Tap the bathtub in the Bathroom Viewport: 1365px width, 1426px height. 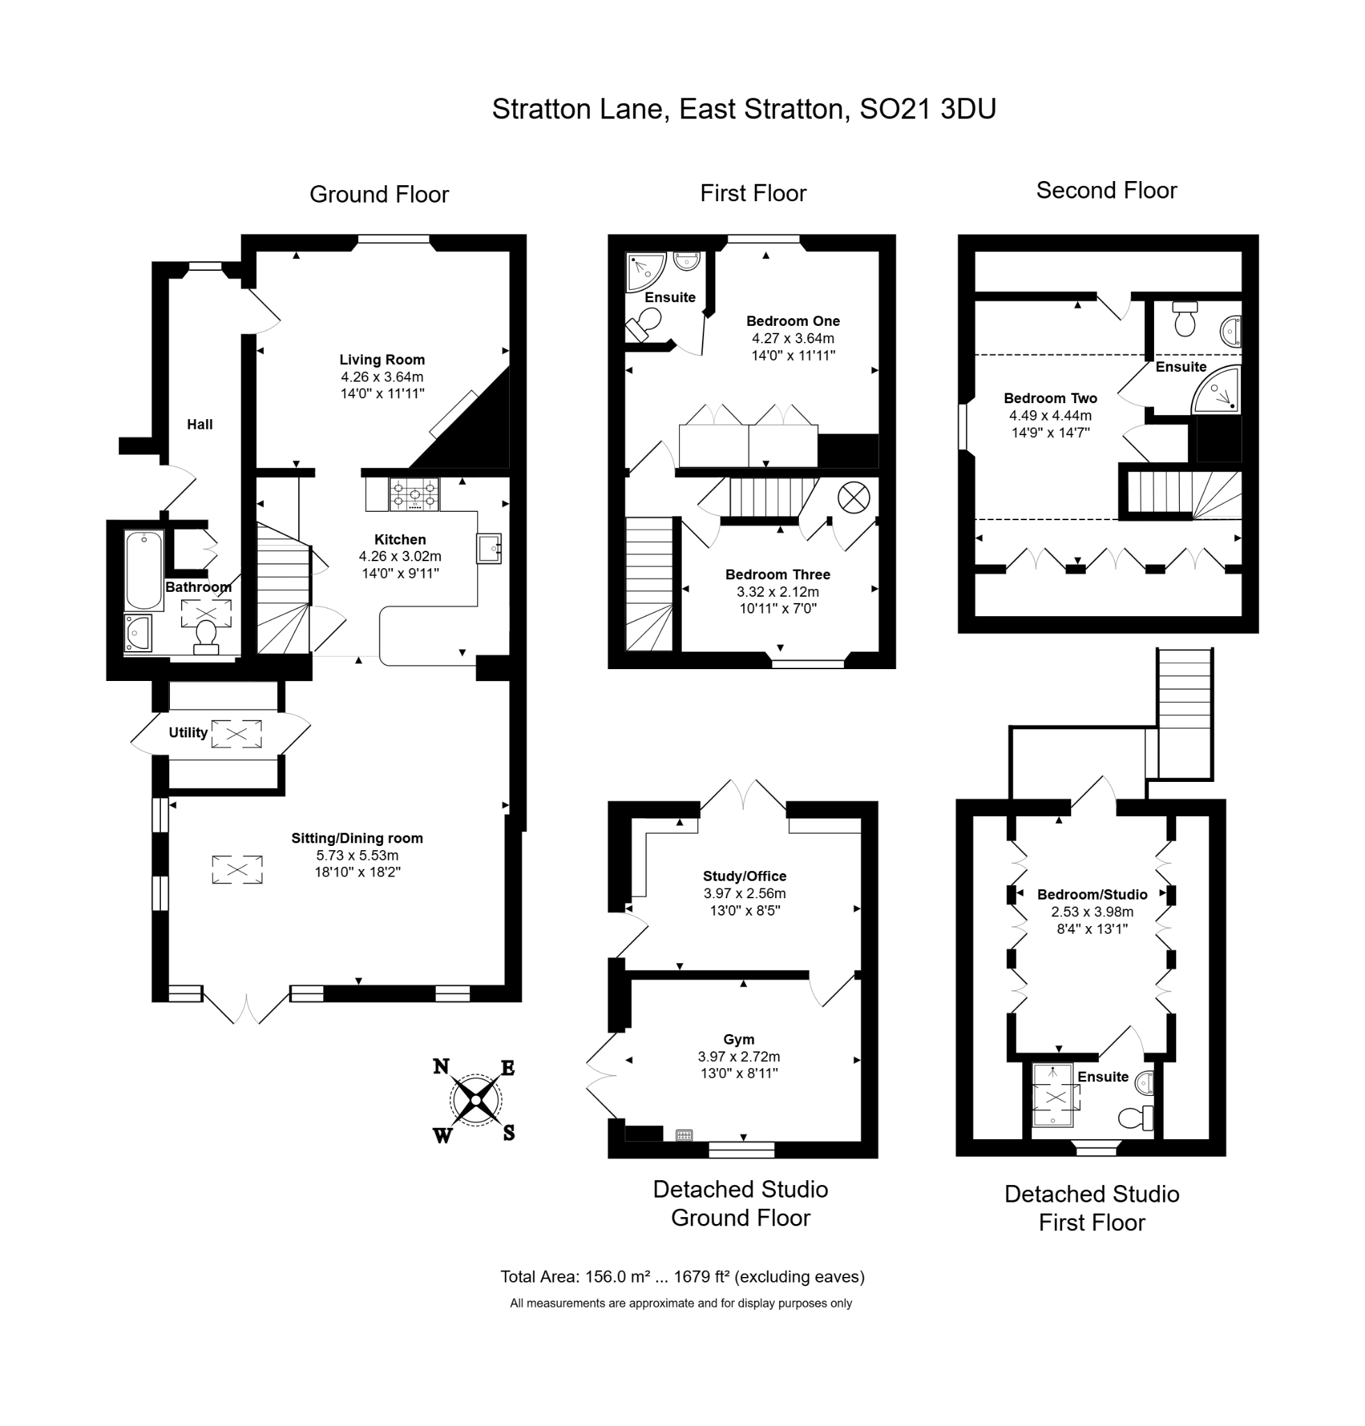(144, 570)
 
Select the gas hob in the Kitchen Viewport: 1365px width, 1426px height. (414, 494)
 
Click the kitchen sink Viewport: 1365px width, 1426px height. (489, 548)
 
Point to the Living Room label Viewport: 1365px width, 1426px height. (382, 359)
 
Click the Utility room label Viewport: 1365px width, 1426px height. (189, 732)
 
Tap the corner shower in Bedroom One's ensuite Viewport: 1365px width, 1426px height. (645, 272)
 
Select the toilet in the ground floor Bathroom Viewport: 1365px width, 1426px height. (206, 636)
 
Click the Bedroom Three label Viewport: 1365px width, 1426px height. (778, 574)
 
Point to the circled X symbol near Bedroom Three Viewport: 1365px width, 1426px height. (854, 498)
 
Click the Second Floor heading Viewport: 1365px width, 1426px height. (1106, 190)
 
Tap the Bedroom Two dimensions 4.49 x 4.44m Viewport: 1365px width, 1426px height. (1050, 416)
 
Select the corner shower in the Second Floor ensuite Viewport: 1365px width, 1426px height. (1216, 389)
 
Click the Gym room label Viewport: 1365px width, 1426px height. (738, 1039)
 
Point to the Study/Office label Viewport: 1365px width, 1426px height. (744, 876)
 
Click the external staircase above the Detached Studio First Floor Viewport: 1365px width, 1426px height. (1184, 714)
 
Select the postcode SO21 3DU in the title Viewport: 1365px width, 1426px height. (928, 109)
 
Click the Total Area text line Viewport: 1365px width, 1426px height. (682, 1276)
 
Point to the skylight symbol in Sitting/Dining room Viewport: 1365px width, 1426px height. (237, 870)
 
